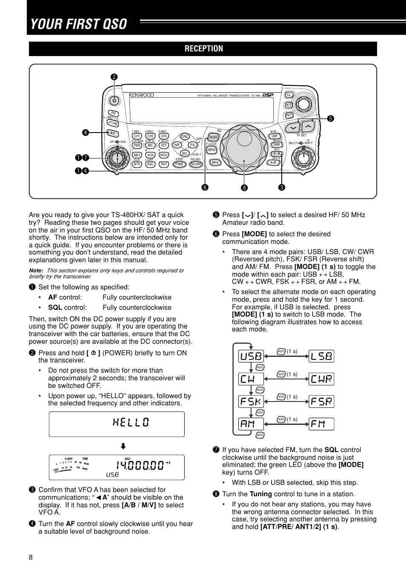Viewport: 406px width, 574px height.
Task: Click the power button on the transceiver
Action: (x=114, y=101)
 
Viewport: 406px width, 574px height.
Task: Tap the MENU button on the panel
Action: (x=212, y=150)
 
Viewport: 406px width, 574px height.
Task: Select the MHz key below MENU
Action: (x=215, y=162)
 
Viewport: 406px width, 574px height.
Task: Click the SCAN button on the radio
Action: (x=196, y=164)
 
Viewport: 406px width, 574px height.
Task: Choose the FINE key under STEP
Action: (x=179, y=164)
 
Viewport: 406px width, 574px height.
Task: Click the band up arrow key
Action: (x=308, y=127)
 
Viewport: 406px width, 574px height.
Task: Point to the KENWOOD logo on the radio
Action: (x=141, y=95)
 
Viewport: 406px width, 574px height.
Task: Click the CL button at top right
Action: (x=289, y=95)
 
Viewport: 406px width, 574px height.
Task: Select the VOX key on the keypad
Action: (x=150, y=155)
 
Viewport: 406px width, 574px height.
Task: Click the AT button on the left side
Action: (x=112, y=133)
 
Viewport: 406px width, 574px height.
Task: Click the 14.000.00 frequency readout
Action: (x=140, y=465)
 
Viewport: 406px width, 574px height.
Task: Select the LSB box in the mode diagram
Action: (x=321, y=356)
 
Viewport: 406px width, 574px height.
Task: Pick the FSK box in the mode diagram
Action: (x=251, y=401)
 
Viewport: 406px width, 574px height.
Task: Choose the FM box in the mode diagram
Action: (x=321, y=424)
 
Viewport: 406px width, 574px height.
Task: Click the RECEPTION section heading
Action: (x=203, y=49)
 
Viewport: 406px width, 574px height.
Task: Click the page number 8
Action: (x=31, y=558)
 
